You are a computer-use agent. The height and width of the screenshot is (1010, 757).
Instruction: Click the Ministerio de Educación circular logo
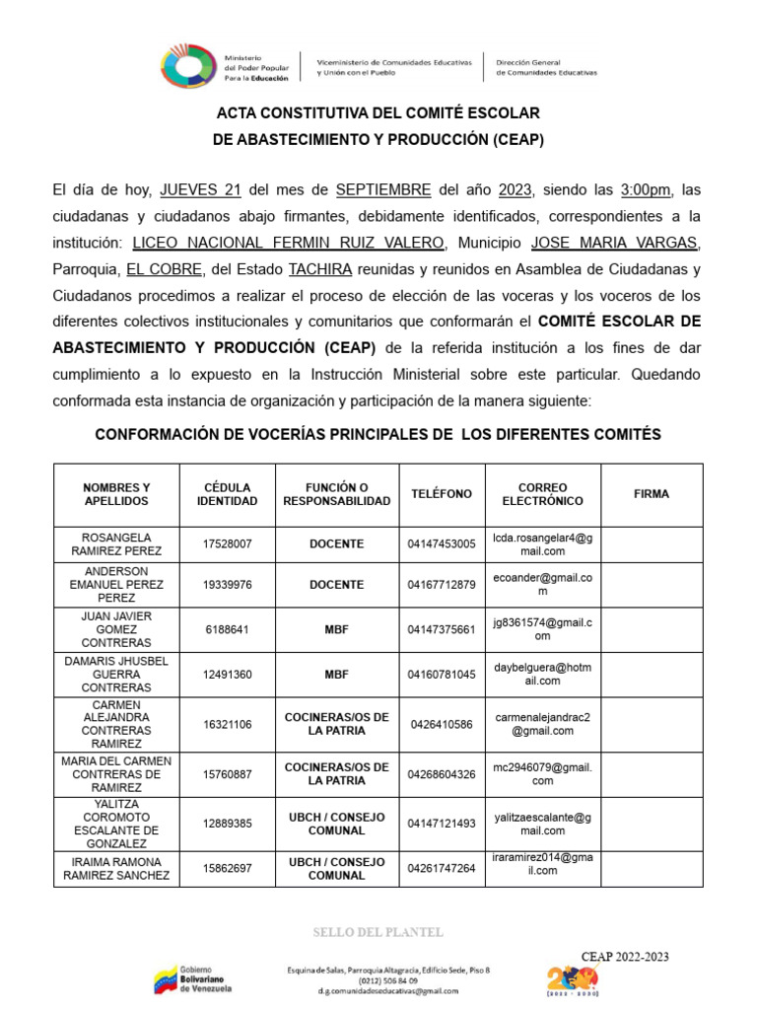click(187, 65)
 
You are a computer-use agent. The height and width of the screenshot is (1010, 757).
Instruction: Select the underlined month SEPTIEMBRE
click(382, 189)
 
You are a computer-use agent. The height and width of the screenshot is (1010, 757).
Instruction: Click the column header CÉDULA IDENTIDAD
click(227, 494)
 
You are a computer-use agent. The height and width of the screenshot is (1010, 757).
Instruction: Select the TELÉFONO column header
click(441, 494)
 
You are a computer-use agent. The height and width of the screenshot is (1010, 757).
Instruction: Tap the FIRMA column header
click(651, 494)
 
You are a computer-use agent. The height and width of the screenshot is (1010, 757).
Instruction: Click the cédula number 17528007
click(227, 544)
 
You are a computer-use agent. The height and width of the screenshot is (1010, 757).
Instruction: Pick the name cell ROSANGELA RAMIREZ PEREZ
click(116, 544)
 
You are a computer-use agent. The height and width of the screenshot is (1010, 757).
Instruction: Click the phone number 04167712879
click(441, 585)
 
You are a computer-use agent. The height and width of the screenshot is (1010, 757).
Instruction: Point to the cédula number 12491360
click(227, 675)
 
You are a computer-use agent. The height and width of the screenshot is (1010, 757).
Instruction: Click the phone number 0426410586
click(441, 724)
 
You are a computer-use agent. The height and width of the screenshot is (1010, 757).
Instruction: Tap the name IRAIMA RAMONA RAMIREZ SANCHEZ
click(116, 868)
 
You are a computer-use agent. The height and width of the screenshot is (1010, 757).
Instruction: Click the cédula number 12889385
click(227, 824)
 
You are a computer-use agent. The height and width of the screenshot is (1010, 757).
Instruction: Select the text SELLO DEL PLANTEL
click(378, 932)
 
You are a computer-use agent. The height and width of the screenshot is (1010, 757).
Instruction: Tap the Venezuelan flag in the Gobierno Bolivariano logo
click(166, 981)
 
